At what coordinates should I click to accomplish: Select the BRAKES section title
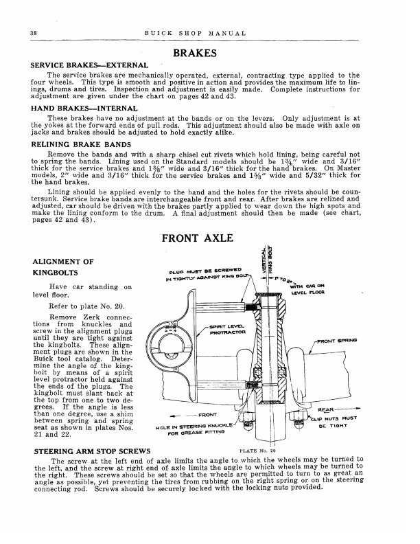click(x=196, y=54)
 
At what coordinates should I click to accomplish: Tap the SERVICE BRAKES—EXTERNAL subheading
click(x=84, y=66)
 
